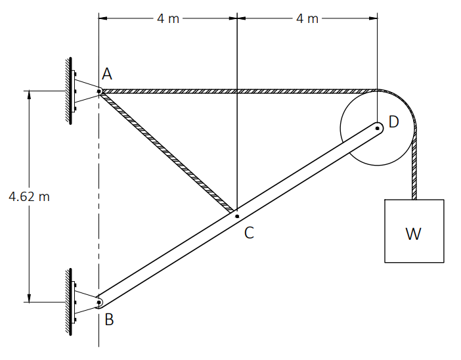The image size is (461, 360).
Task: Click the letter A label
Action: (107, 74)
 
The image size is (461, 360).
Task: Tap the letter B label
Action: (109, 319)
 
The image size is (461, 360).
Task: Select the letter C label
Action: (249, 233)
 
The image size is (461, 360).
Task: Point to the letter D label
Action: (393, 122)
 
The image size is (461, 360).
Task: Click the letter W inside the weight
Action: (413, 234)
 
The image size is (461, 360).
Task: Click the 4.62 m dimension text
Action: (29, 196)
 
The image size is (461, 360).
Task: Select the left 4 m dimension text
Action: (168, 18)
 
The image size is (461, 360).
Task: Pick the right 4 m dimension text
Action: (307, 18)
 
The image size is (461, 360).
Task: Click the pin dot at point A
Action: (99, 91)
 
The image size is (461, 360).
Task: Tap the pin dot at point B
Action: (99, 302)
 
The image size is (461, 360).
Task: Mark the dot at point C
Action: (237, 217)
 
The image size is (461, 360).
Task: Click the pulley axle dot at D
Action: (377, 128)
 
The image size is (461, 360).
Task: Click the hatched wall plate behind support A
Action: (70, 91)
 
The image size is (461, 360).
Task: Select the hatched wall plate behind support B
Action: (70, 302)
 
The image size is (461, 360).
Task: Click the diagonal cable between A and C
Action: (167, 152)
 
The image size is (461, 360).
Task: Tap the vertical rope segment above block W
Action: (414, 168)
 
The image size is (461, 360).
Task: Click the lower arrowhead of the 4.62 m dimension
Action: (29, 298)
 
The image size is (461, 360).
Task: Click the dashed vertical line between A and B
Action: (99, 196)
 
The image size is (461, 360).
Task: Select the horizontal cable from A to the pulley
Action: (238, 91)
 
